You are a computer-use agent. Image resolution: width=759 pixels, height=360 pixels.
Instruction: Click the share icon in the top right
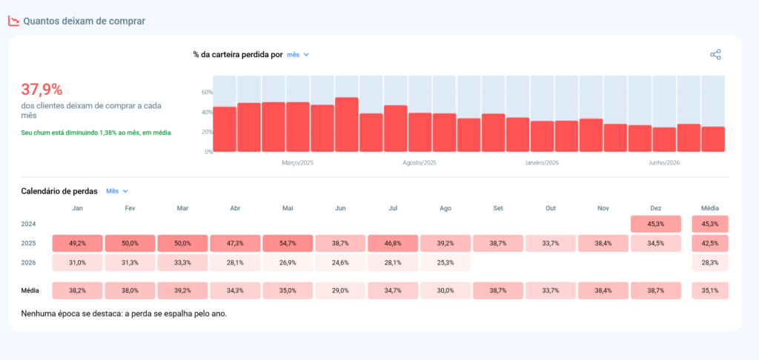click(x=715, y=55)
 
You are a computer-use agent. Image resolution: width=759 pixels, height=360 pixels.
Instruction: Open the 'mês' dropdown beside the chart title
click(x=298, y=55)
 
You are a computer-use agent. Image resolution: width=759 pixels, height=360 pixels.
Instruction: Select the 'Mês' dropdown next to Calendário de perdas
click(x=117, y=191)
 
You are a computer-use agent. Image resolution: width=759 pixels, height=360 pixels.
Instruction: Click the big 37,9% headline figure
click(x=42, y=90)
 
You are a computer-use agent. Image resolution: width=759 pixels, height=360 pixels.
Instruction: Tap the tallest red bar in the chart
click(x=347, y=125)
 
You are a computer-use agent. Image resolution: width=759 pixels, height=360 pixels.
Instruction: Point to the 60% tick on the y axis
click(x=208, y=93)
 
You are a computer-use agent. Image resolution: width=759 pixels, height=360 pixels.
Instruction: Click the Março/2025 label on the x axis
click(x=298, y=163)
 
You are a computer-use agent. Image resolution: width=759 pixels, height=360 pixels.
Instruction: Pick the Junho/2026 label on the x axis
click(x=664, y=163)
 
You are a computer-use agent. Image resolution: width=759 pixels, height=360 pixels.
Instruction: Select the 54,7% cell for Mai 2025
click(x=288, y=244)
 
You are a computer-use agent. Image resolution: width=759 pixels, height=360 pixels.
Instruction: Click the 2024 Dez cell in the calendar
click(x=656, y=224)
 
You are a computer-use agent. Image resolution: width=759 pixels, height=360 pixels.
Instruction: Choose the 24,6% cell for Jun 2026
click(x=340, y=263)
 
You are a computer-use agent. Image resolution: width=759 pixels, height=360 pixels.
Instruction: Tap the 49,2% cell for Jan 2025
click(x=77, y=244)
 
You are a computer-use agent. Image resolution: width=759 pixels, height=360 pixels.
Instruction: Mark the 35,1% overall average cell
click(x=710, y=291)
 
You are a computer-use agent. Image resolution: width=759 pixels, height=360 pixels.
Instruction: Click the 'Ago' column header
click(x=445, y=209)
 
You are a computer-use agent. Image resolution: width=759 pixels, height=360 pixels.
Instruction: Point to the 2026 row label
click(x=29, y=263)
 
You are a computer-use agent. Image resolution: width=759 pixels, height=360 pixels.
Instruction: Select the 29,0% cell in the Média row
click(x=340, y=291)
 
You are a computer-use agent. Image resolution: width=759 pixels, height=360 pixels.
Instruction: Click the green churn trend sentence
click(x=96, y=132)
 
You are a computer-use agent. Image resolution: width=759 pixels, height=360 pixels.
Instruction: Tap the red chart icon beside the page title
click(x=13, y=21)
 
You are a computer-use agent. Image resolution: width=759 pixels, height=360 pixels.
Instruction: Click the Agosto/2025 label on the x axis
click(x=420, y=163)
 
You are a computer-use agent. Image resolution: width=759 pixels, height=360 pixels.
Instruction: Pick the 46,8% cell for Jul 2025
click(x=393, y=244)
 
